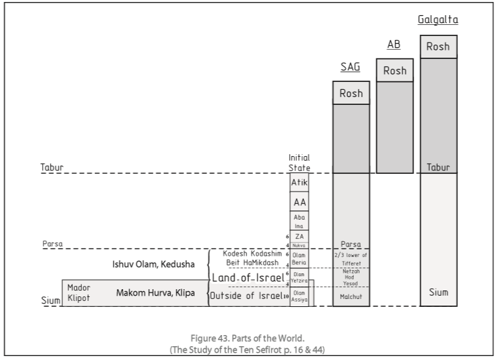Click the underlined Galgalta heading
pyautogui.click(x=438, y=20)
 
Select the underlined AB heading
pyautogui.click(x=394, y=45)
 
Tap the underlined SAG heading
pyautogui.click(x=351, y=68)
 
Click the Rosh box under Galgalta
pyautogui.click(x=438, y=47)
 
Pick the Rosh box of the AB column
pyautogui.click(x=394, y=70)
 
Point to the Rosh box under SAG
pyautogui.click(x=351, y=93)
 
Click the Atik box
pyautogui.click(x=299, y=183)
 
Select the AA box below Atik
pyautogui.click(x=299, y=203)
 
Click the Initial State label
pyautogui.click(x=299, y=163)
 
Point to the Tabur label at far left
pyautogui.click(x=52, y=168)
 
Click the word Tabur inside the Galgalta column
pyautogui.click(x=438, y=168)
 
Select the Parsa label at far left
pyautogui.click(x=52, y=244)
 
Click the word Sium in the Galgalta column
pyautogui.click(x=438, y=292)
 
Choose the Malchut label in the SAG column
pyautogui.click(x=351, y=296)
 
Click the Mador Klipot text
pyautogui.click(x=79, y=292)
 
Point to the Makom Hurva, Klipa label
pyautogui.click(x=155, y=292)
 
